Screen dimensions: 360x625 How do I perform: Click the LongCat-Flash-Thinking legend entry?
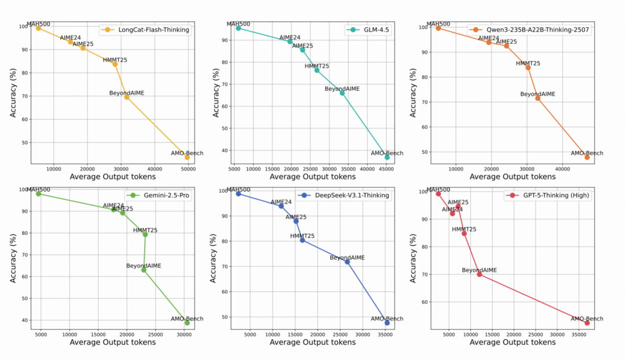pyautogui.click(x=150, y=30)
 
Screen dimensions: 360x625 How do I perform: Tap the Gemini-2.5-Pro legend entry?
pyautogui.click(x=166, y=195)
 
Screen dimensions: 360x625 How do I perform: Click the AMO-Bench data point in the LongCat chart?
pyautogui.click(x=187, y=157)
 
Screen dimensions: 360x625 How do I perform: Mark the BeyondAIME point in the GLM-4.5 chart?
pyautogui.click(x=342, y=93)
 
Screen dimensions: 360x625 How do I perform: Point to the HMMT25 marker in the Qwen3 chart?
pyautogui.click(x=528, y=67)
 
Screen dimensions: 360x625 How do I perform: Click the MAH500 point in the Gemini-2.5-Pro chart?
pyautogui.click(x=38, y=194)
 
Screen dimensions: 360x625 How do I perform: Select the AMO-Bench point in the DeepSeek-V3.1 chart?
pyautogui.click(x=387, y=322)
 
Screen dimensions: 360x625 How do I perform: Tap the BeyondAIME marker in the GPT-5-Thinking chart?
pyautogui.click(x=479, y=274)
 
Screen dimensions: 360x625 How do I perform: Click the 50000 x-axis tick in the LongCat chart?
pyautogui.click(x=188, y=169)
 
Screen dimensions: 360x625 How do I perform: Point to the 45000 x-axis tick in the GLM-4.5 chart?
pyautogui.click(x=387, y=169)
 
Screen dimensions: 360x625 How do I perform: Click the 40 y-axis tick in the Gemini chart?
pyautogui.click(x=24, y=320)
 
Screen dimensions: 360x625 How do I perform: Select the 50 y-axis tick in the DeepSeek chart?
pyautogui.click(x=224, y=318)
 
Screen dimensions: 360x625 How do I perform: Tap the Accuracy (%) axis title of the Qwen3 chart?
pyautogui.click(x=413, y=93)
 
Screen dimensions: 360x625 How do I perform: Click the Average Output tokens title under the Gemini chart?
pyautogui.click(x=113, y=343)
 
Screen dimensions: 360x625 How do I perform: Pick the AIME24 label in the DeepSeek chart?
pyautogui.click(x=281, y=202)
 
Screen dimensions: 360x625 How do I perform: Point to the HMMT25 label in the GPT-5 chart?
pyautogui.click(x=464, y=229)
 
